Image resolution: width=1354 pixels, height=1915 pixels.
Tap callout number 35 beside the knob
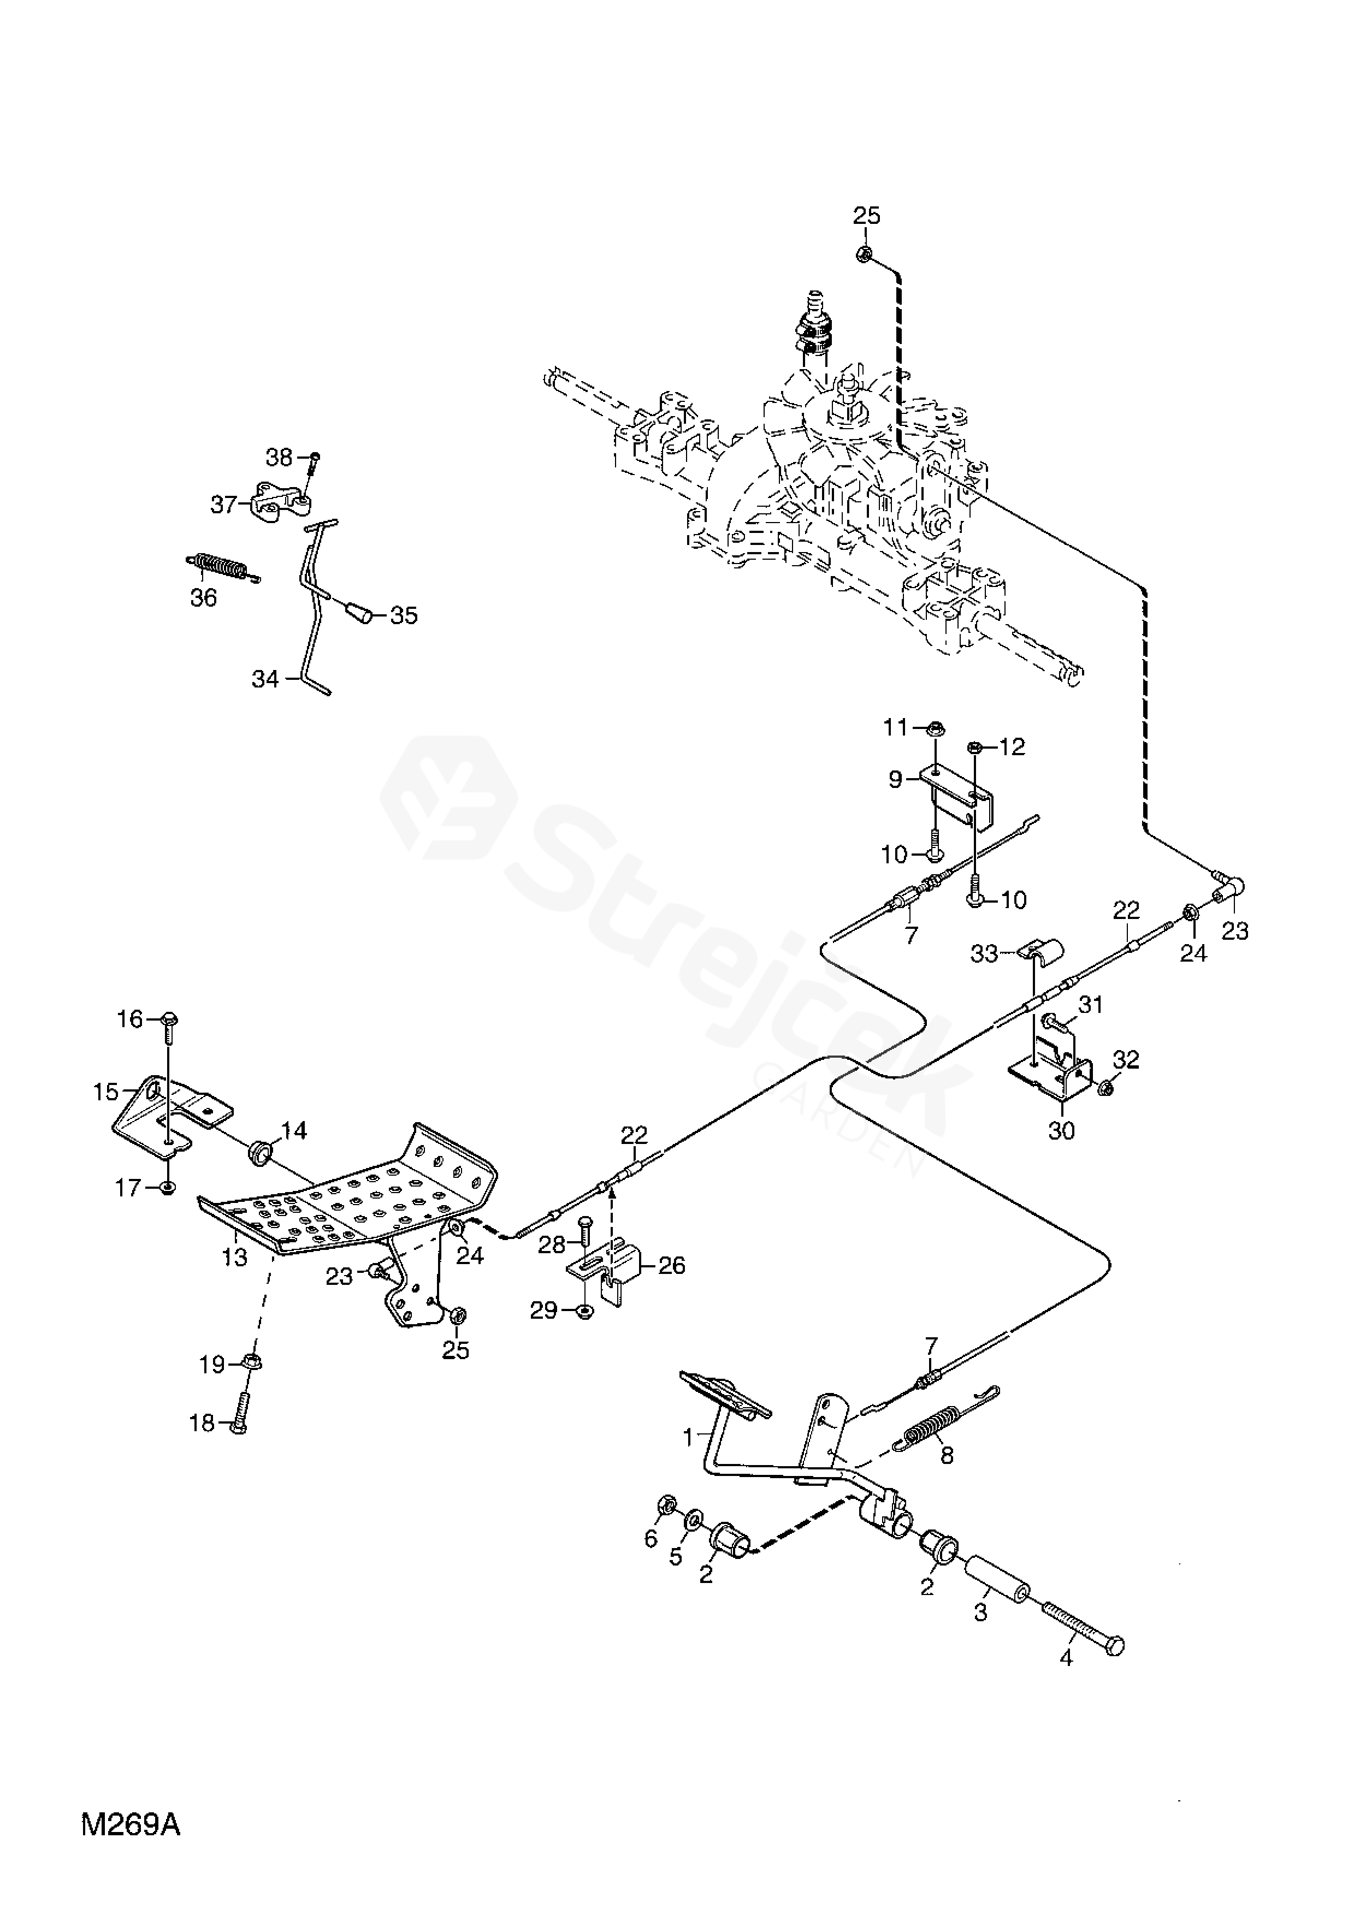(405, 615)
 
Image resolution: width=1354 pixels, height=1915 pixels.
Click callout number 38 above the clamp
(280, 457)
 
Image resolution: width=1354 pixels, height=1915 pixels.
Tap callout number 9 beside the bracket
(896, 779)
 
